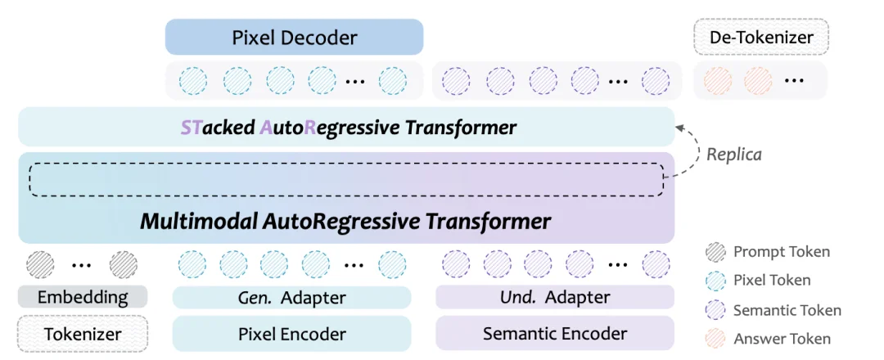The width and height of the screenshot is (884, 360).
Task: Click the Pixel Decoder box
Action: (x=294, y=38)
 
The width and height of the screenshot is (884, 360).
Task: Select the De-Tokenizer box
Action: (x=760, y=38)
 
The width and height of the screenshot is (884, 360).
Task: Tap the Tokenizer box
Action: (x=83, y=334)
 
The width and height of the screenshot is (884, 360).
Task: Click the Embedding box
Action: (x=83, y=296)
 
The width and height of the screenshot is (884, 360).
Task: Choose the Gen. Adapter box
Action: (x=291, y=297)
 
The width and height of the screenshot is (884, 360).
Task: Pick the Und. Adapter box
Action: (x=554, y=297)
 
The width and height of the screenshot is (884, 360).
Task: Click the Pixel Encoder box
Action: (x=291, y=334)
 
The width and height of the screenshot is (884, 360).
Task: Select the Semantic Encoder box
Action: (x=554, y=333)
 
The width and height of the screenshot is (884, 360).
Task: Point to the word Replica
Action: (x=733, y=154)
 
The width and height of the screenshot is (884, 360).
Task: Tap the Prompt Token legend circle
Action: (x=715, y=252)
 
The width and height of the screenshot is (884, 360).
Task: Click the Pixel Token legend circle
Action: (x=715, y=281)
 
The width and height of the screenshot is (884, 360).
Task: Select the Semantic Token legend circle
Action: (x=715, y=310)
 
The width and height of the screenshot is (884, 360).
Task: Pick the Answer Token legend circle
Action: (x=715, y=339)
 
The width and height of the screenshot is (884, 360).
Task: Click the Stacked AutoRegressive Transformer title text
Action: (x=348, y=128)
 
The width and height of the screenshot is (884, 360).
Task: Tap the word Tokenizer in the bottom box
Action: (x=83, y=334)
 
